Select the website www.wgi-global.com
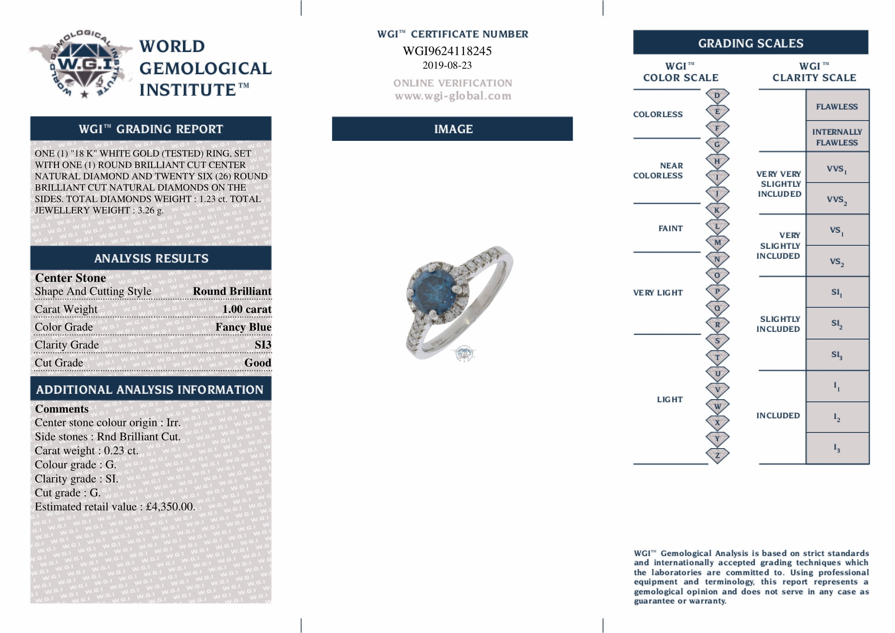[x=453, y=96]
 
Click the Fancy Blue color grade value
[x=243, y=327]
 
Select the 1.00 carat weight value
[x=246, y=309]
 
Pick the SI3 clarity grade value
[x=263, y=345]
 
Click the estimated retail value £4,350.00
[x=170, y=507]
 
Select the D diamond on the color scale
[x=717, y=96]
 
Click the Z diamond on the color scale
[x=717, y=455]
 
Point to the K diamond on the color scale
[x=717, y=210]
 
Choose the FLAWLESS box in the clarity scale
[x=837, y=106]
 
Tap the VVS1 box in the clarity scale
[x=837, y=169]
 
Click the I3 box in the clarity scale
[x=837, y=448]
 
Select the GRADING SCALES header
[x=750, y=43]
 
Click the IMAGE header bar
[x=453, y=129]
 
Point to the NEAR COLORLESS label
[x=658, y=171]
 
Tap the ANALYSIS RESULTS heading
[x=151, y=258]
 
